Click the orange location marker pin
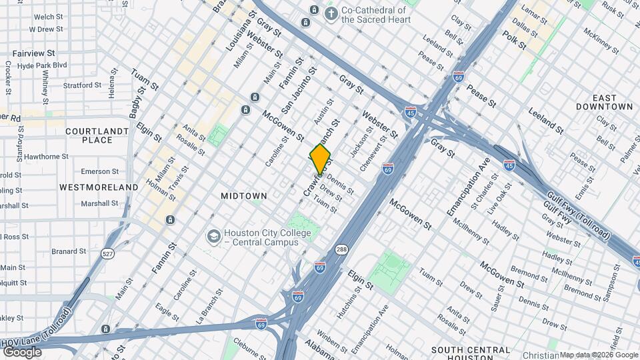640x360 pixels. coord(320,159)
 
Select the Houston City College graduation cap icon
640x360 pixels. coord(213,237)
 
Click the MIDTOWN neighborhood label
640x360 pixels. coord(243,196)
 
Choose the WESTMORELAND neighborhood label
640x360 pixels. coord(98,187)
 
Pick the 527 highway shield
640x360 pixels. coord(108,253)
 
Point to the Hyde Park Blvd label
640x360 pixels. coord(43,65)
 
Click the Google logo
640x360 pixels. coord(22,351)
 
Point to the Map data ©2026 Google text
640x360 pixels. coord(599,355)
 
